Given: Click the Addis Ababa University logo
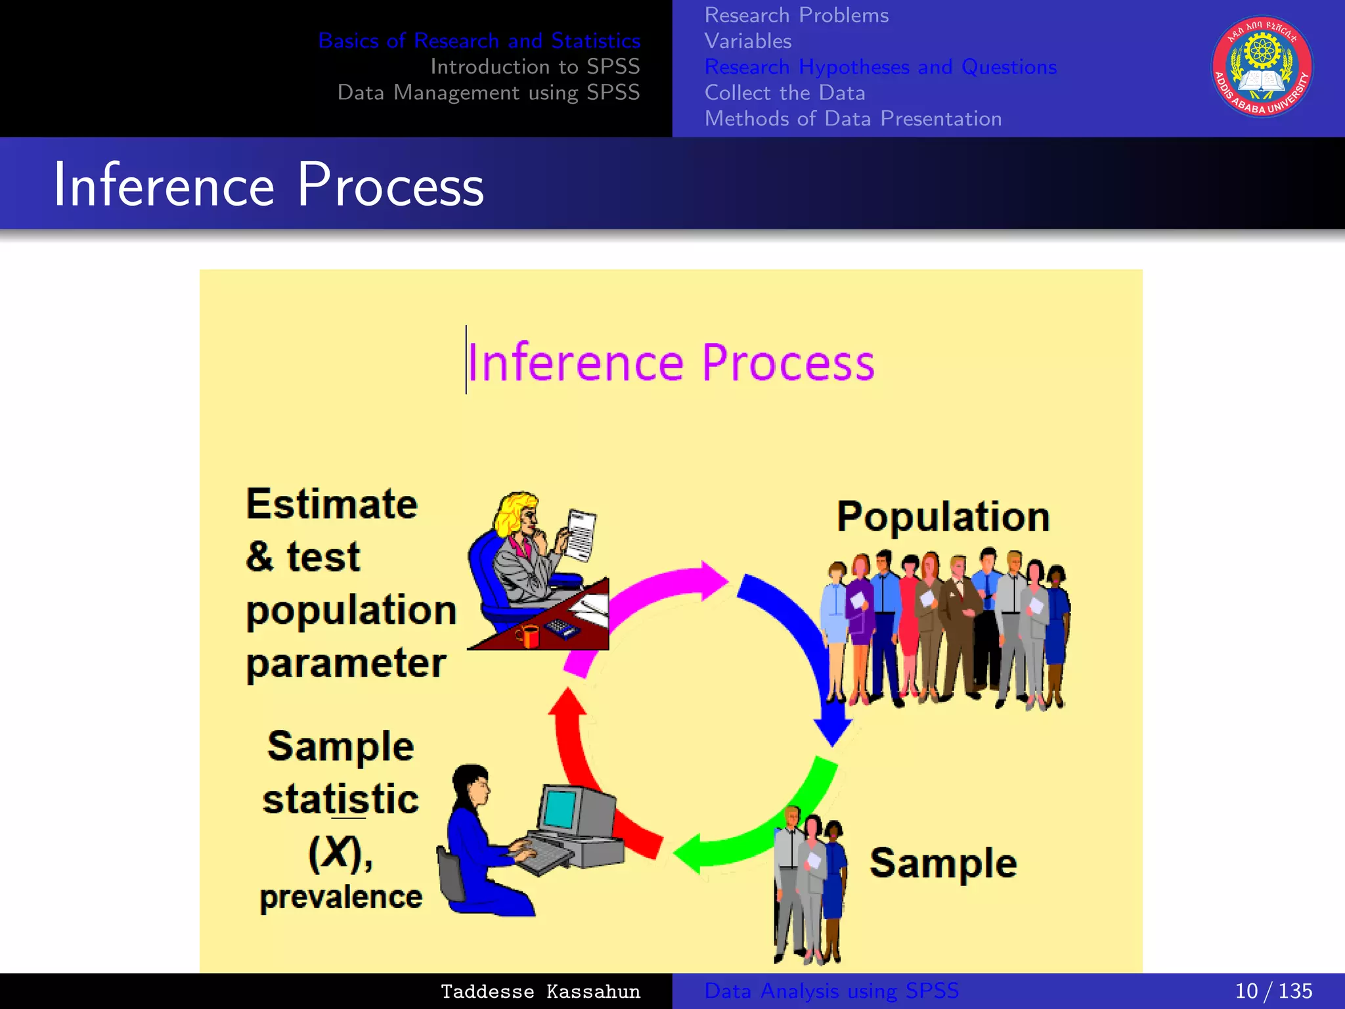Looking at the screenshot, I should pyautogui.click(x=1262, y=67).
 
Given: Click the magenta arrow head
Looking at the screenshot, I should pyautogui.click(x=713, y=581).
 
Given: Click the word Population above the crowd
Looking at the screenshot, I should pyautogui.click(x=942, y=516).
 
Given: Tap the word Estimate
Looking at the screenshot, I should pyautogui.click(x=332, y=504).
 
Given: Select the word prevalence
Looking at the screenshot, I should pyautogui.click(x=341, y=897).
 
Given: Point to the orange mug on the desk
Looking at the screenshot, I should pyautogui.click(x=527, y=636).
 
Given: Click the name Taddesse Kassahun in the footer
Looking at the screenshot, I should pyautogui.click(x=540, y=991).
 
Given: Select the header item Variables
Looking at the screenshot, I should pyautogui.click(x=748, y=41).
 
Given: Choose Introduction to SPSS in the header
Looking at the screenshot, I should pyautogui.click(x=535, y=66).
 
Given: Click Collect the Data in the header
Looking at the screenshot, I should pyautogui.click(x=785, y=93).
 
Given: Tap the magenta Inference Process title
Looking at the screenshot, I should pyautogui.click(x=671, y=363).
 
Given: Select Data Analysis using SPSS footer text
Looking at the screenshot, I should pyautogui.click(x=831, y=991).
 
